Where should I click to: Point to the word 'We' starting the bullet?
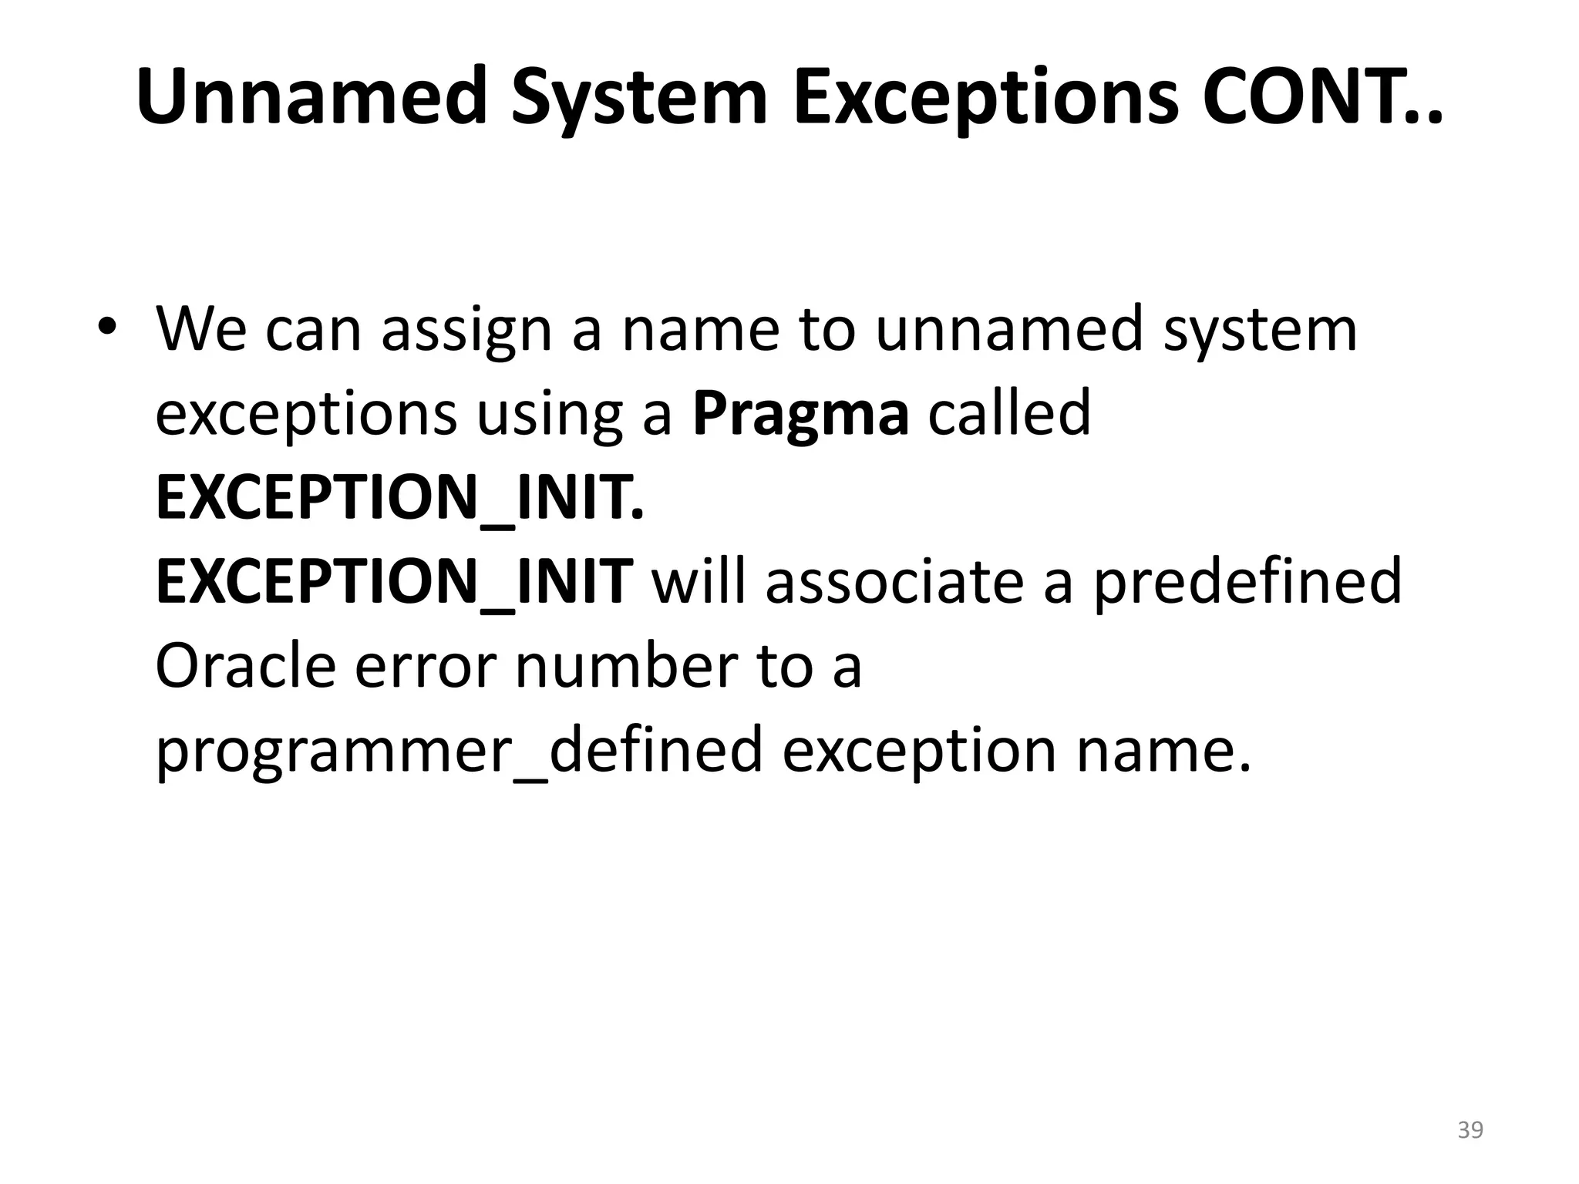coord(201,329)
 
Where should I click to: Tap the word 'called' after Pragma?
coord(1009,412)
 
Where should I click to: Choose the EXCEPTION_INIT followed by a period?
coord(399,499)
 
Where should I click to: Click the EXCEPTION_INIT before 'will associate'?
coord(394,582)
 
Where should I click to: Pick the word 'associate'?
coord(894,582)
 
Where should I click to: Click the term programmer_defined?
coord(459,752)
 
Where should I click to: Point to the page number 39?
coord(1470,1130)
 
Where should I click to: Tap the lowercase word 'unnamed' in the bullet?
coord(1008,329)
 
